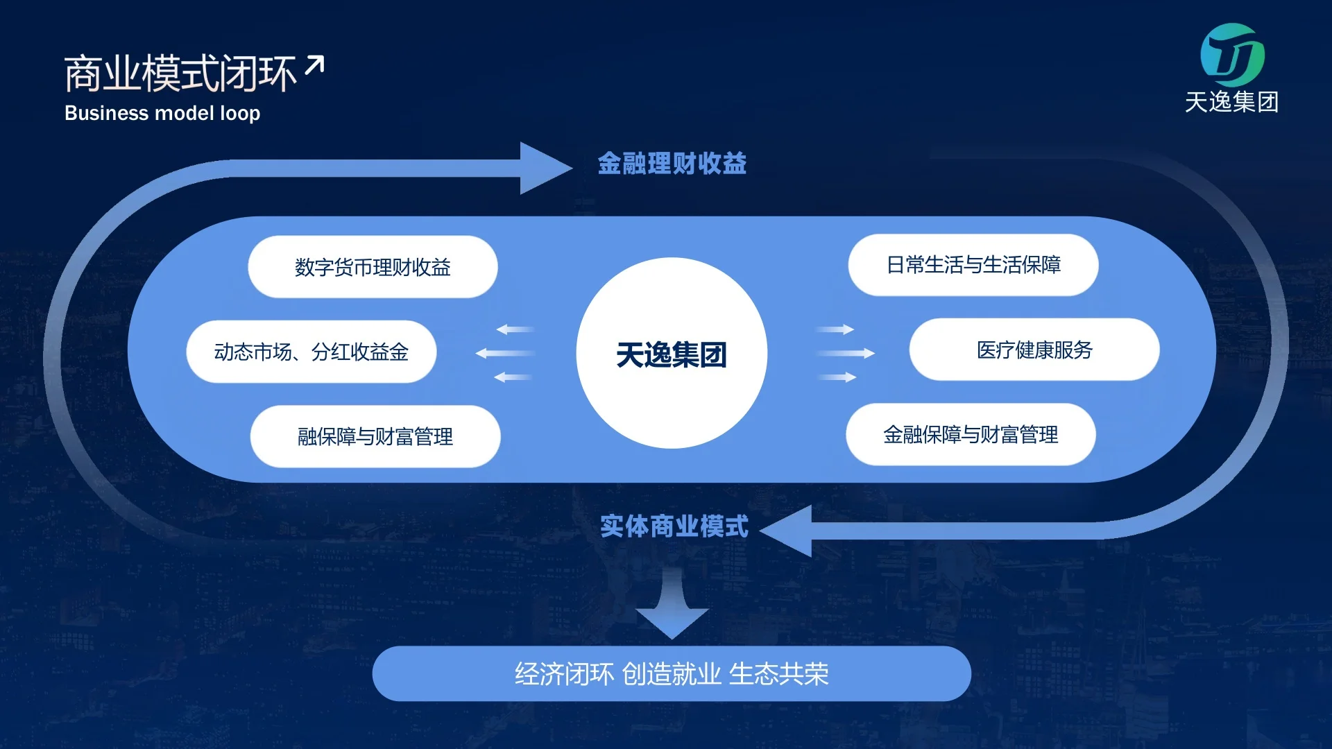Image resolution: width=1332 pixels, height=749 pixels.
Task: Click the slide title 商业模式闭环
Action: [x=180, y=74]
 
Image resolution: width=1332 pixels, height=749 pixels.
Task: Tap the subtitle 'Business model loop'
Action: [x=162, y=113]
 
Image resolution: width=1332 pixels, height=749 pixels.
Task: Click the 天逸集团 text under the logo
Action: [x=1231, y=103]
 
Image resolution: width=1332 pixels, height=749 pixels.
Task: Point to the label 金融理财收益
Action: [x=672, y=164]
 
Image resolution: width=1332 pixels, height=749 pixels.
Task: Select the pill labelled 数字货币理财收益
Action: [x=373, y=267]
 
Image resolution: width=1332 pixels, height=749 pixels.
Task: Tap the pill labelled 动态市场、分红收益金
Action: [x=311, y=352]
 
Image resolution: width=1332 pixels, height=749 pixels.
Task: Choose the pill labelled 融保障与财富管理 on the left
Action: [x=375, y=436]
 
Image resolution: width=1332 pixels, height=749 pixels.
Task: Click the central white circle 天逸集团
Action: [x=672, y=354]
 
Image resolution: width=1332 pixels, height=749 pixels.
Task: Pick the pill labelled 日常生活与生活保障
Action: [x=973, y=265]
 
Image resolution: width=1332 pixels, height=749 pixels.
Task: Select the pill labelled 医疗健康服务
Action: [x=1034, y=350]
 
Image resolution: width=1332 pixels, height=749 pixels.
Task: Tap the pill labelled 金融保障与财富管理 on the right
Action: [x=971, y=435]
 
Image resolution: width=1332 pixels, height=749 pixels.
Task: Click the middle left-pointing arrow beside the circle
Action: [x=505, y=354]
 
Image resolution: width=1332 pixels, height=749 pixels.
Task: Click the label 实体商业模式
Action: [x=674, y=526]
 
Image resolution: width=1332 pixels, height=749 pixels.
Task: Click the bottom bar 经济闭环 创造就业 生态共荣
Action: [x=672, y=674]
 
